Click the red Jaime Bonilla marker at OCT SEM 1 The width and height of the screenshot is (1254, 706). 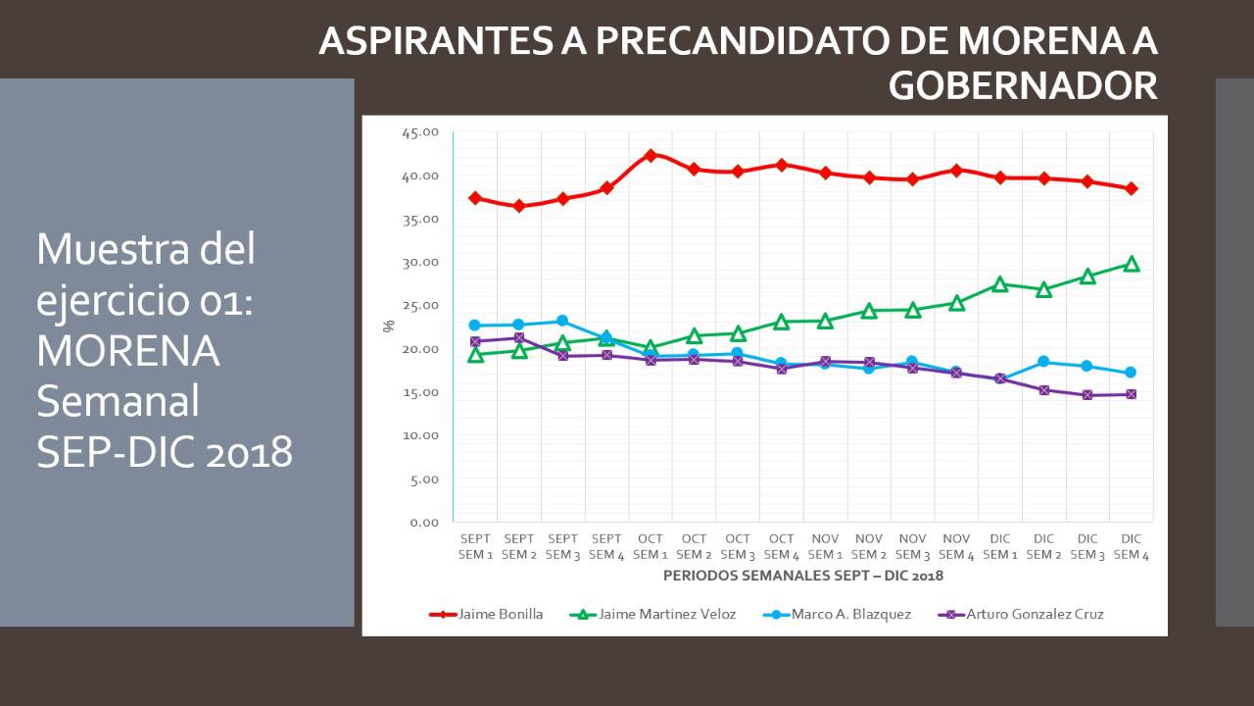point(651,155)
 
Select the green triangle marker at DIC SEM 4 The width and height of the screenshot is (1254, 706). point(1132,264)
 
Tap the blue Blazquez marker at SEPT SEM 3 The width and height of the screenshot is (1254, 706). point(562,321)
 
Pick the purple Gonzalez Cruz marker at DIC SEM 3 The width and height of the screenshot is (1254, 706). point(1087,395)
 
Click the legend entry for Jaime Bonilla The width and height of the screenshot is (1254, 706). point(486,615)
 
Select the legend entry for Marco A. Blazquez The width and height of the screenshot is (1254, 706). point(838,615)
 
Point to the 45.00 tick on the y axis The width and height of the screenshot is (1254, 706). point(420,132)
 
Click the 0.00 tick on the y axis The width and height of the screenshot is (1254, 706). point(424,522)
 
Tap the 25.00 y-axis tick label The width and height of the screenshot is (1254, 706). point(420,306)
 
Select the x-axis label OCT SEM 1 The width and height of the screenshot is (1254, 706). point(651,547)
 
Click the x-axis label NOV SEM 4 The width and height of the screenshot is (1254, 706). point(956,547)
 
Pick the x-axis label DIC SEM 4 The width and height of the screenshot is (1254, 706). point(1132,547)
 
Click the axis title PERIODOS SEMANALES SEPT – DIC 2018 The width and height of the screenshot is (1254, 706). point(803,576)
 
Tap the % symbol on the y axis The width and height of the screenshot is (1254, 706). point(388,326)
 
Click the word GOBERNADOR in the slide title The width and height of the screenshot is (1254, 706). point(1023,86)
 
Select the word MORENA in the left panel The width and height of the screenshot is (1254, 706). point(127,351)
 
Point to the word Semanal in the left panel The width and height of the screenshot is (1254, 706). point(118,402)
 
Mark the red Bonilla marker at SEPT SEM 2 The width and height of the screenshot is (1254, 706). point(519,206)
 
